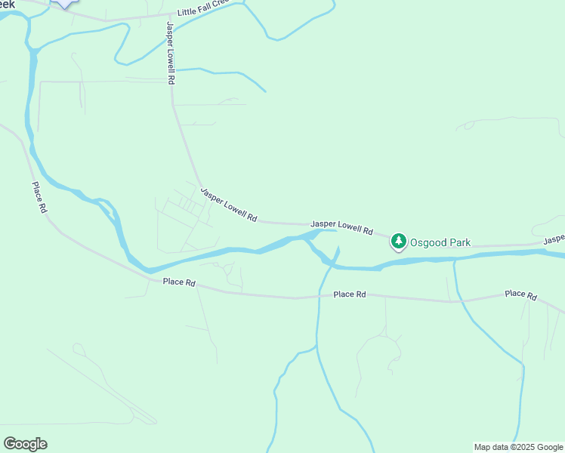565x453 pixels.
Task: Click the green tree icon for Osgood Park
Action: pos(398,242)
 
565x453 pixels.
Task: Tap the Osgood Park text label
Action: pos(440,242)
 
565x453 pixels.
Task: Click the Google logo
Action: pos(25,444)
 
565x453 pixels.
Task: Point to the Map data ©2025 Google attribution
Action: pos(518,447)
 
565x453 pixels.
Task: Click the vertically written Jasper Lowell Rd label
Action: pos(171,52)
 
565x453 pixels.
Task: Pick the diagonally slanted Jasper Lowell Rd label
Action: pos(229,205)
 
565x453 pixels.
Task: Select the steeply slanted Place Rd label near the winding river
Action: pos(39,198)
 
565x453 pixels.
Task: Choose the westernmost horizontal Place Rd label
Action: pos(179,283)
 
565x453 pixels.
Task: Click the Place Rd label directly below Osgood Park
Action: pos(350,294)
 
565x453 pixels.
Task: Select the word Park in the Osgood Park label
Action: pos(457,242)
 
